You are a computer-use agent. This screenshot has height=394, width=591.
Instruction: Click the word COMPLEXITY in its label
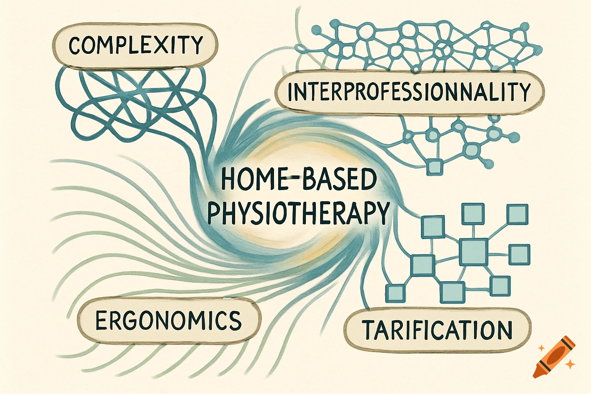(135, 45)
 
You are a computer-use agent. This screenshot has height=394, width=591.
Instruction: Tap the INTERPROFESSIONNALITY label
(409, 92)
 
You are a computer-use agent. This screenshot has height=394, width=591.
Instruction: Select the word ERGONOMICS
(168, 321)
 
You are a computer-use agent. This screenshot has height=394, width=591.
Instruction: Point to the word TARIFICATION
(437, 330)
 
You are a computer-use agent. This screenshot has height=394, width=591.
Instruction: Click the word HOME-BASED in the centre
(299, 180)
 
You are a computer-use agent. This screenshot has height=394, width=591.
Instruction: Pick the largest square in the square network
(474, 252)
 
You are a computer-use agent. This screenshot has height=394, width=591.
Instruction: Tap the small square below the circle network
(435, 167)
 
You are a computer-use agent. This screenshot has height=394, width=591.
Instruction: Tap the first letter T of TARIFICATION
(369, 330)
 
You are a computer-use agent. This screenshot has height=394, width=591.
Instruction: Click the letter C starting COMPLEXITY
(75, 45)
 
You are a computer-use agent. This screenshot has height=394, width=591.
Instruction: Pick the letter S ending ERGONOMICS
(234, 321)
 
